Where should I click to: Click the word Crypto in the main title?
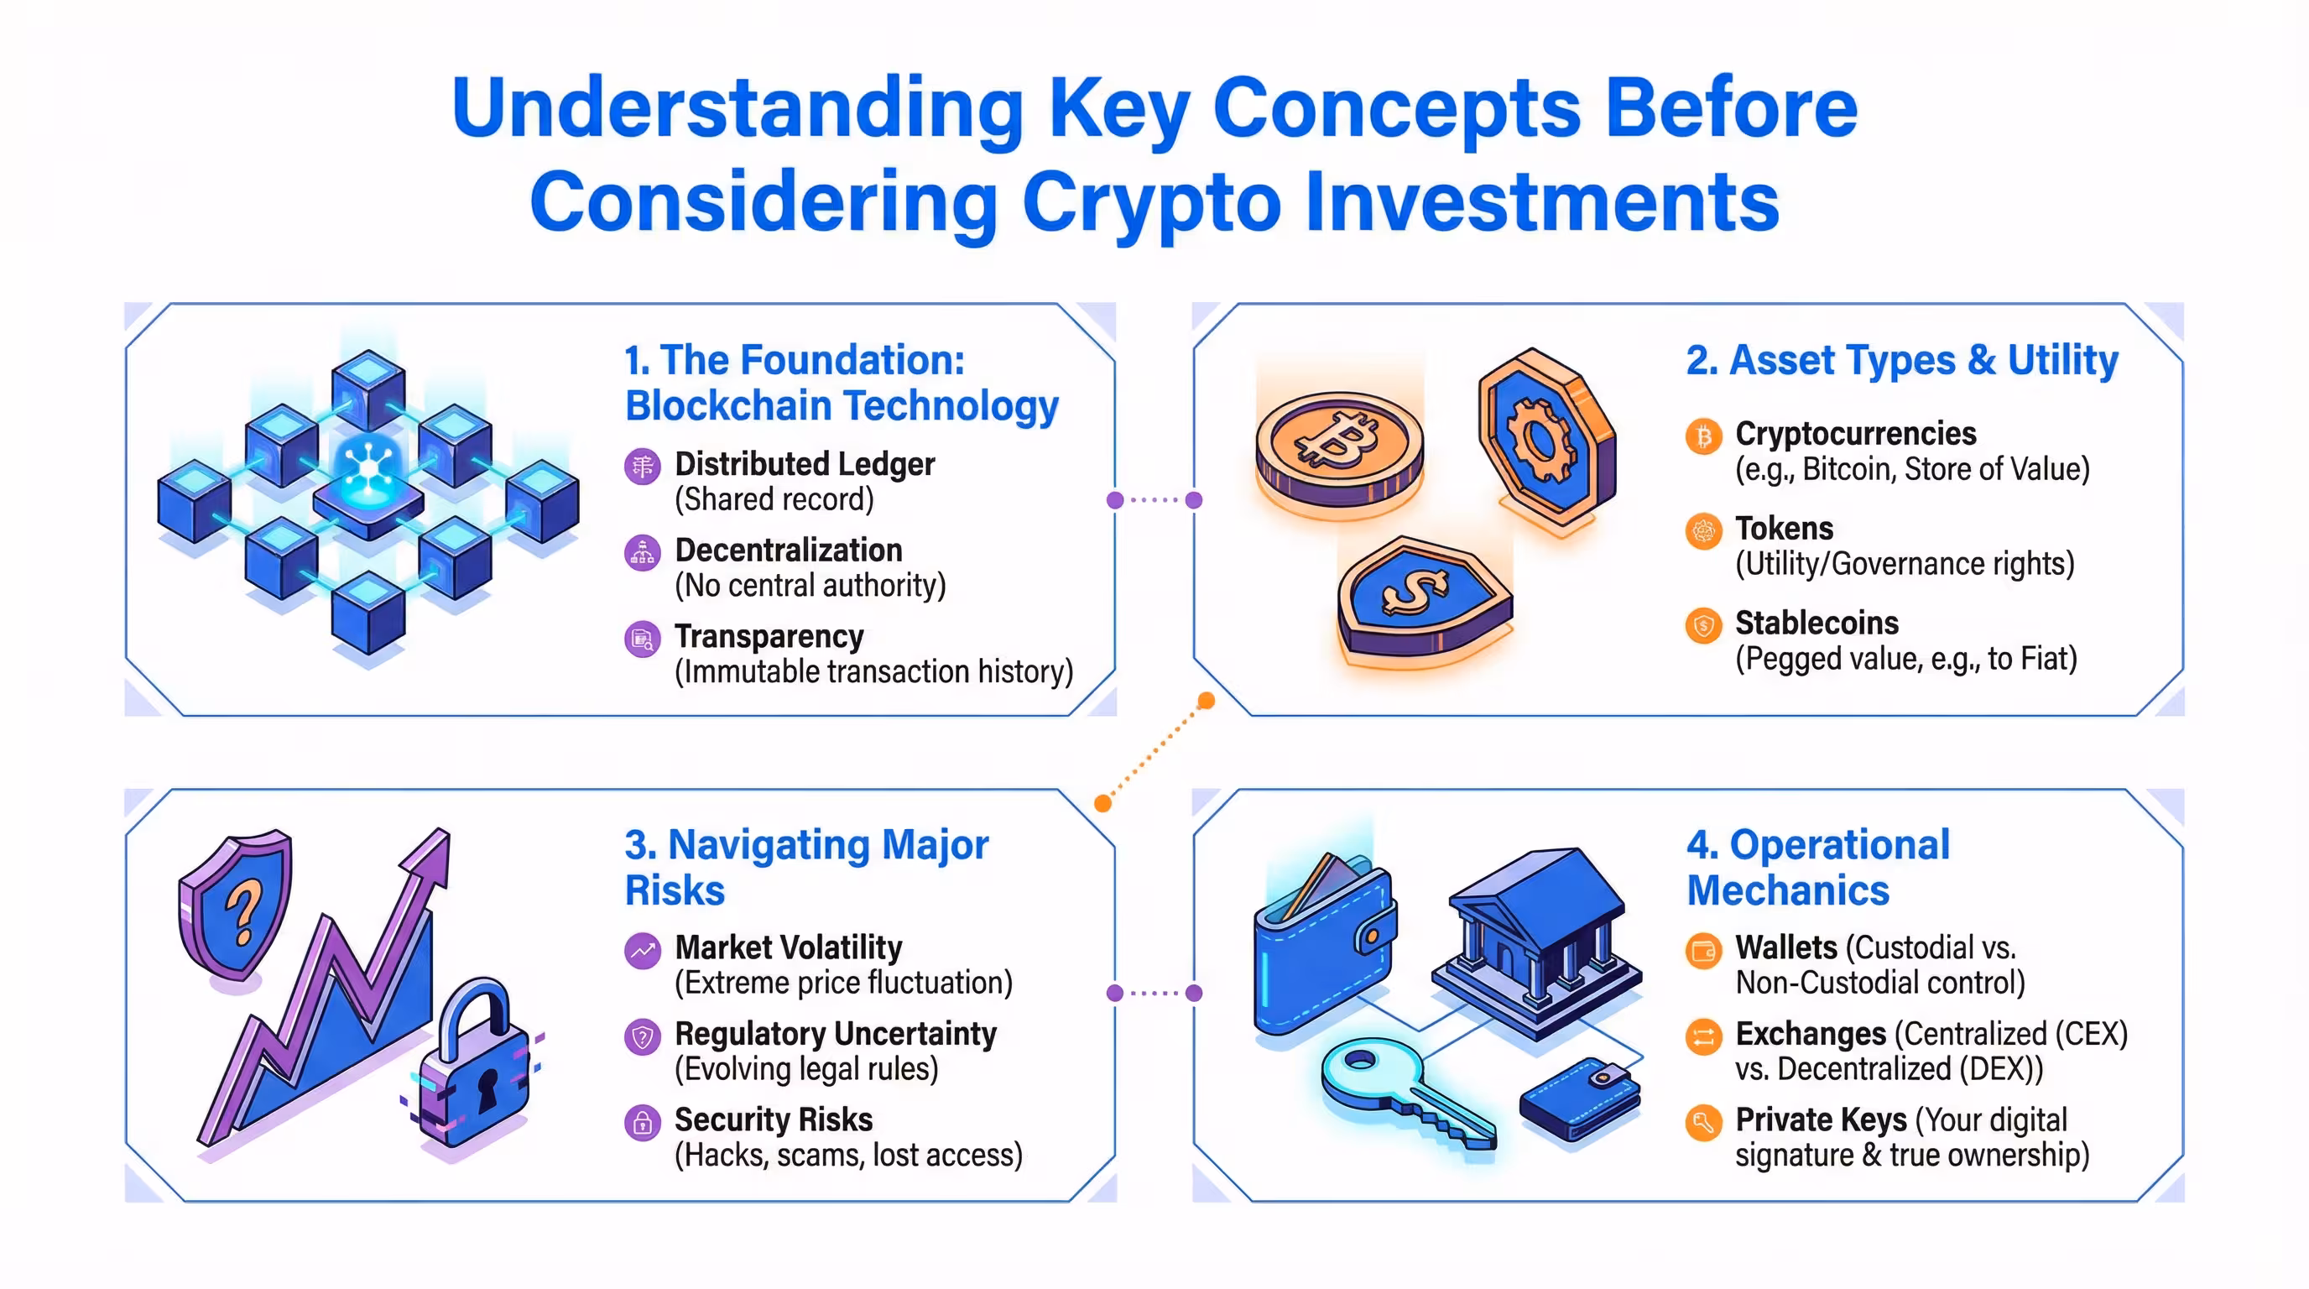click(1151, 202)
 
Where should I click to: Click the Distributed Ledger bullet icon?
click(642, 466)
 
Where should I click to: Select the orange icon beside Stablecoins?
click(1703, 625)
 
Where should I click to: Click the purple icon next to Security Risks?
click(642, 1122)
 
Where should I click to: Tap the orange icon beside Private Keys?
click(1703, 1122)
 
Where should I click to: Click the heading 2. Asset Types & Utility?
click(1901, 360)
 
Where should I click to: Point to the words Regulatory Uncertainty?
click(835, 1034)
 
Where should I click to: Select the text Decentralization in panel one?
click(788, 550)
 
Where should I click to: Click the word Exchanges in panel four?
click(1810, 1034)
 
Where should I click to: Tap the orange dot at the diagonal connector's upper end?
click(1207, 700)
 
